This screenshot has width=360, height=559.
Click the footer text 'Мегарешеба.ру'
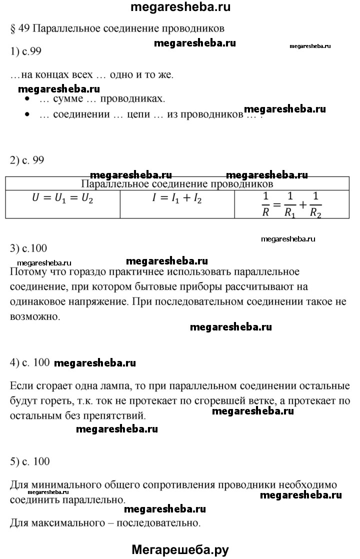(180, 549)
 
